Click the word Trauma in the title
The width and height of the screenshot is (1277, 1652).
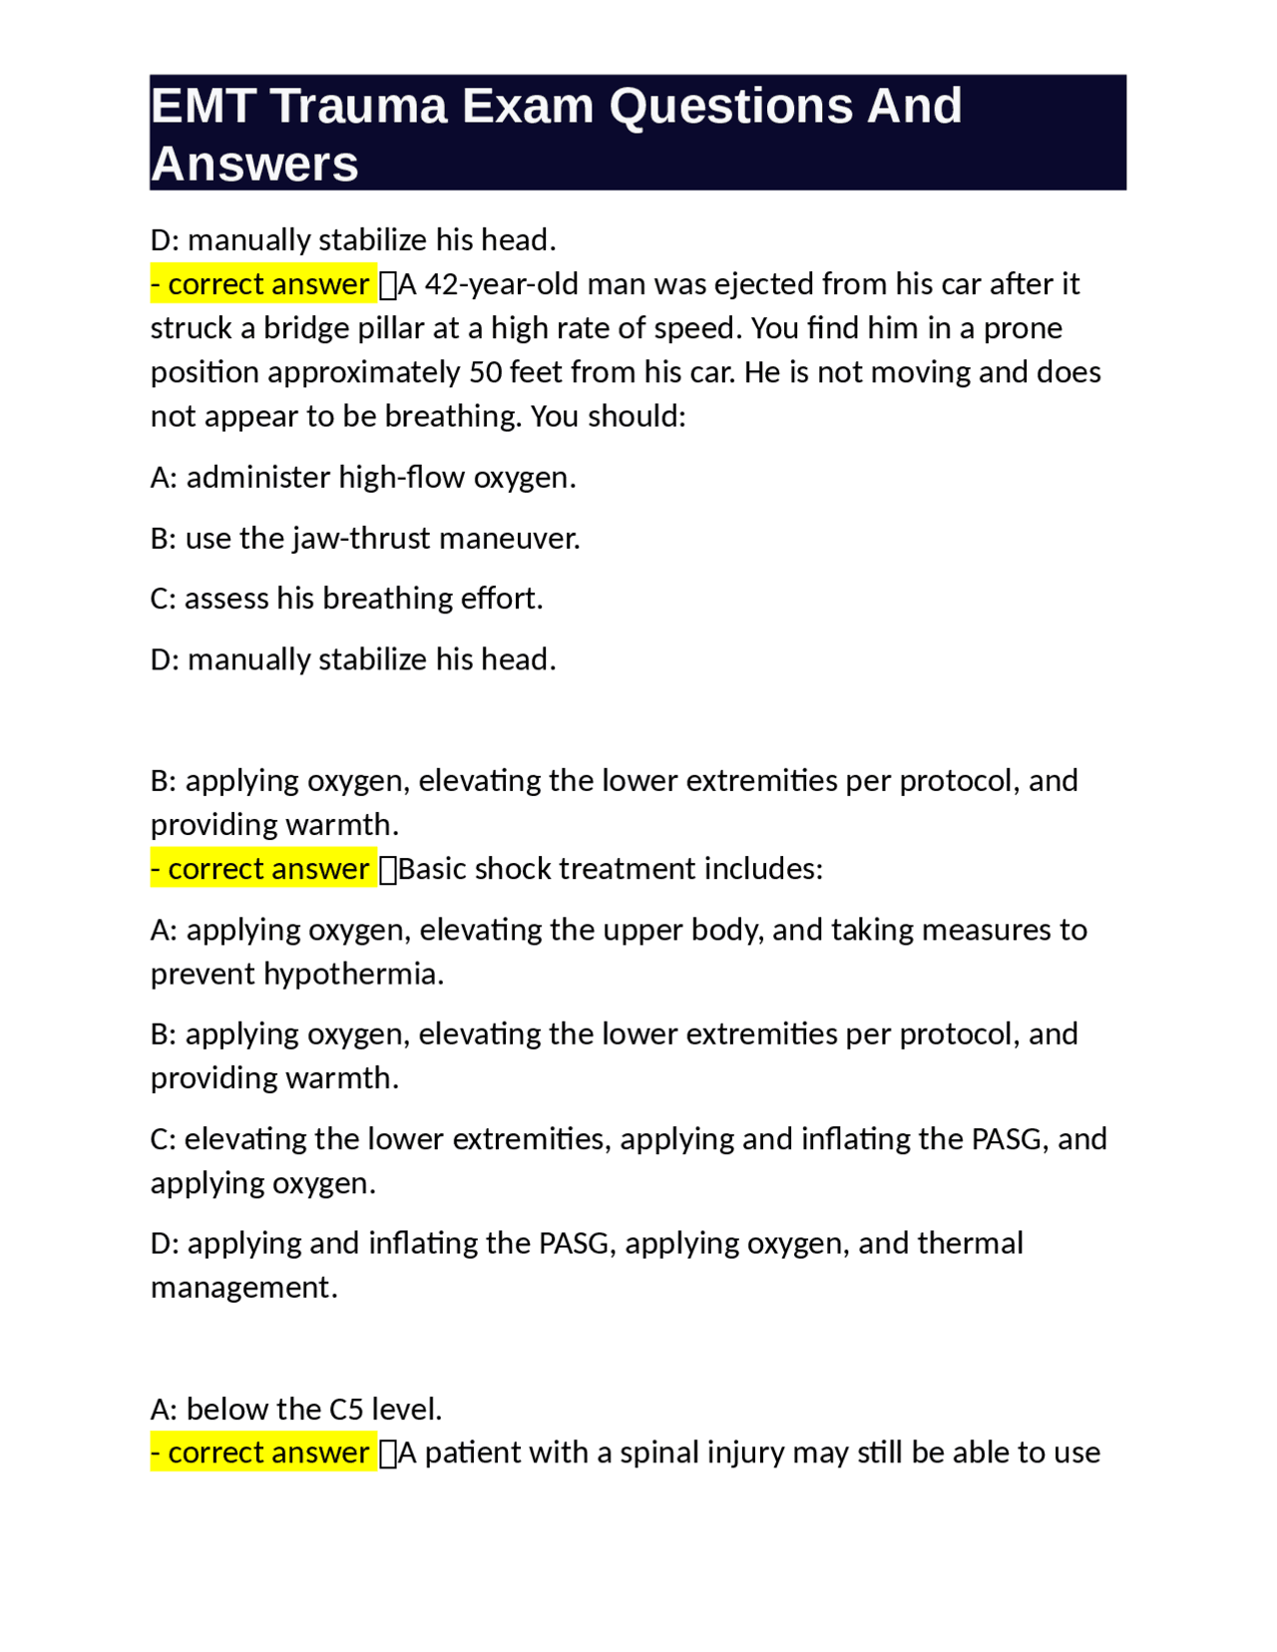click(x=359, y=106)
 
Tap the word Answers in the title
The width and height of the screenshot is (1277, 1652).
click(x=254, y=164)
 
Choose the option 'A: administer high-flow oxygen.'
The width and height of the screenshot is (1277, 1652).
click(x=363, y=478)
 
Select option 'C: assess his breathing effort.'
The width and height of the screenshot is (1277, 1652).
click(x=346, y=599)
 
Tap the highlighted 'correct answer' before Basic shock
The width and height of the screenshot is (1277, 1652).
click(x=262, y=869)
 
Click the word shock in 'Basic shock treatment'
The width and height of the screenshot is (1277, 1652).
click(x=511, y=869)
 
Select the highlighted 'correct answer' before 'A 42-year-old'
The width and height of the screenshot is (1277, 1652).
click(x=262, y=284)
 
